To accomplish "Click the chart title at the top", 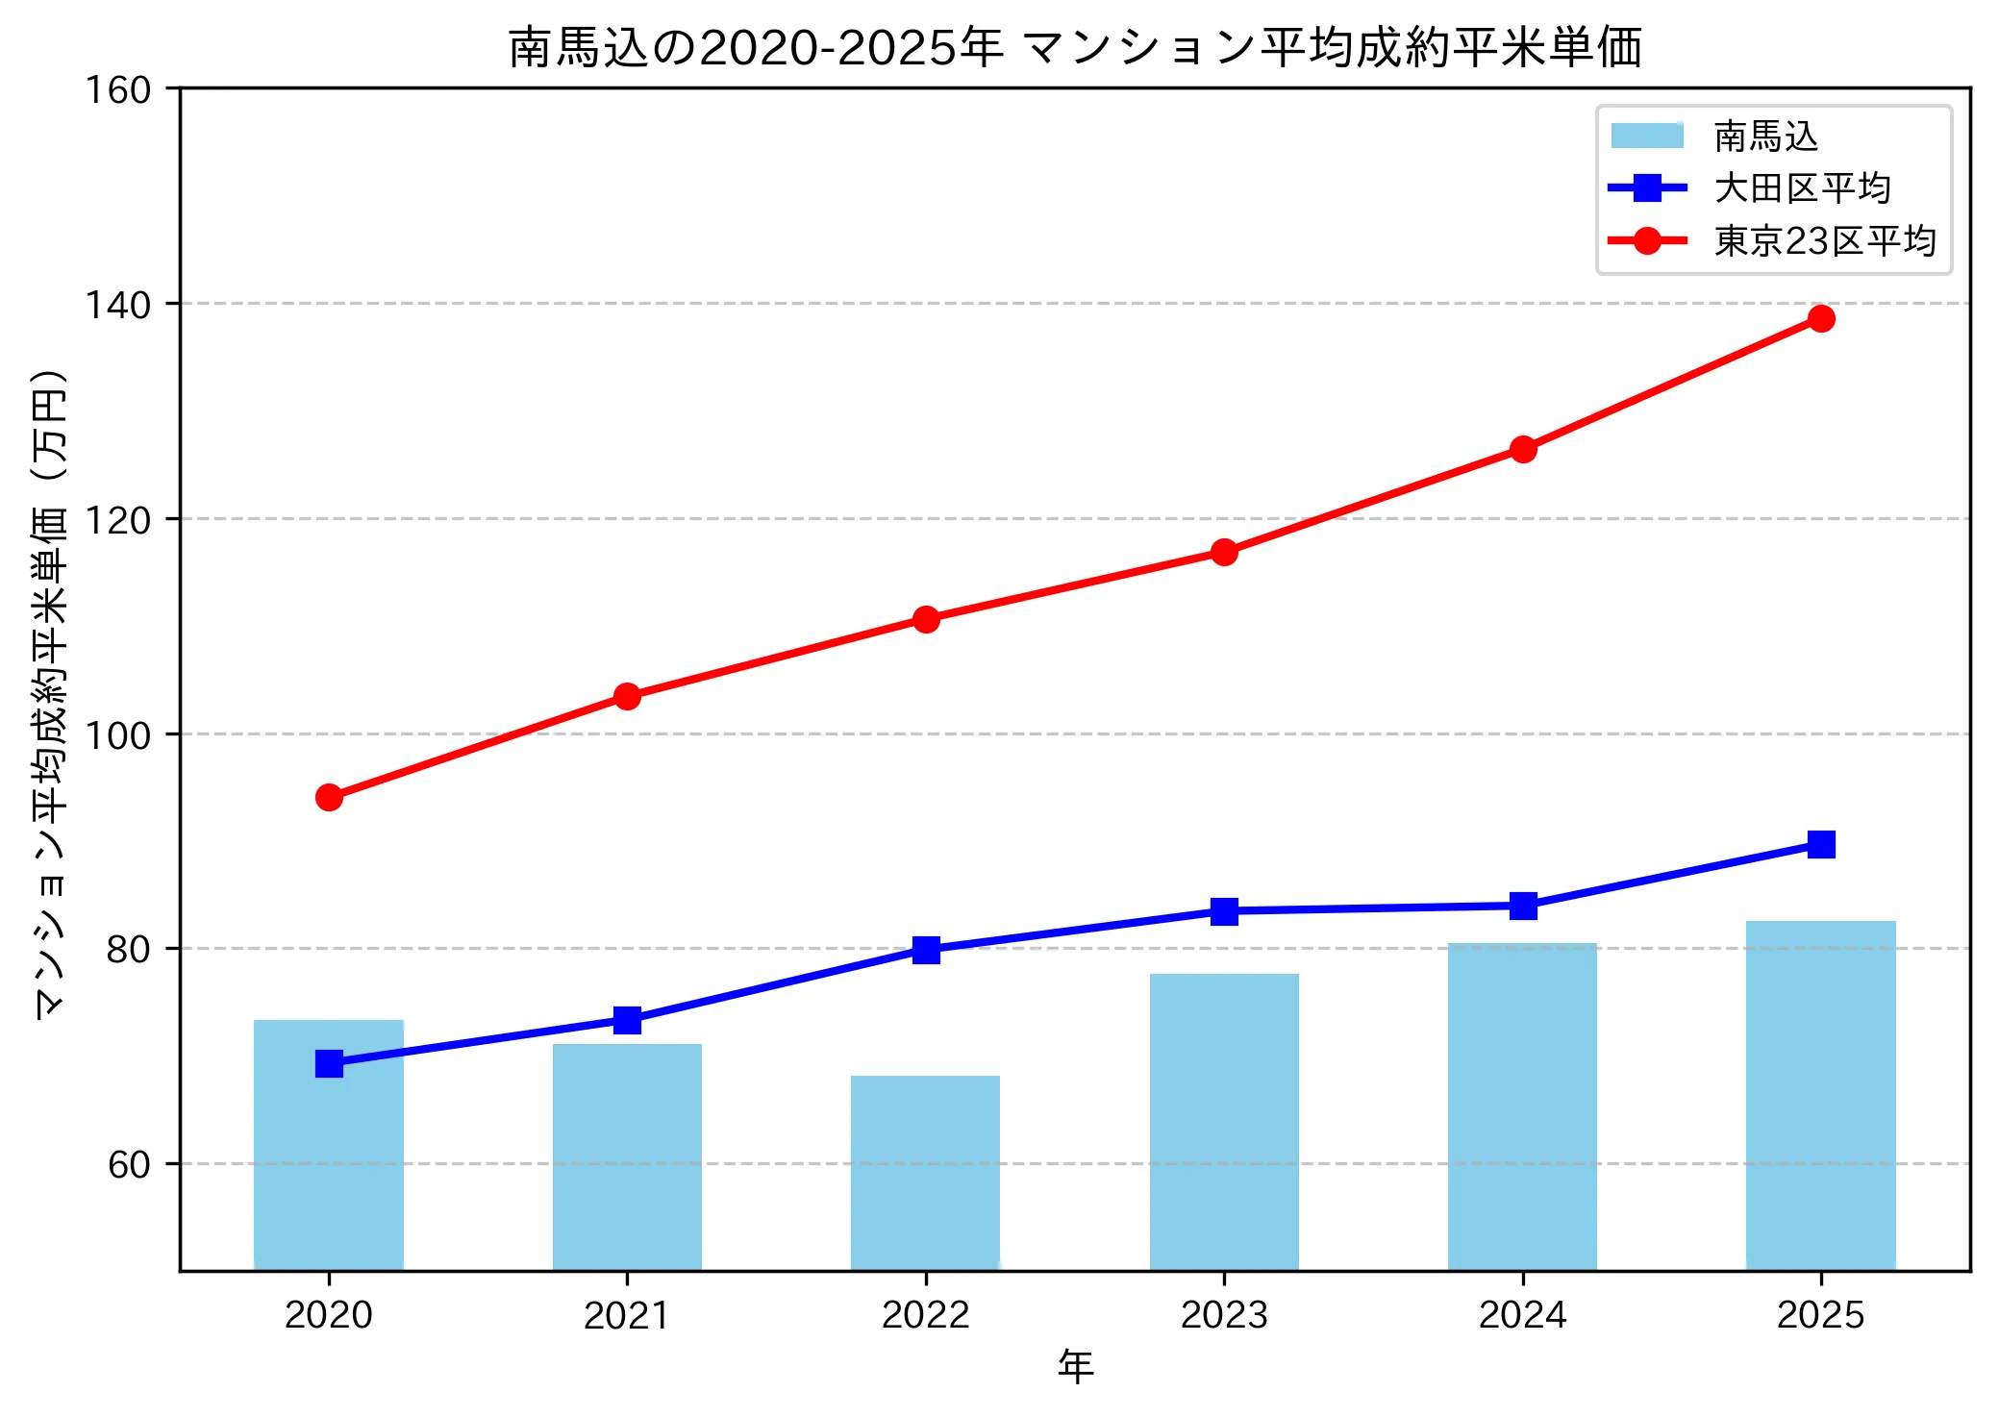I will [x=1075, y=48].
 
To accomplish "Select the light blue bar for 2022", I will [x=925, y=1173].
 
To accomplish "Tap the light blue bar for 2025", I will [x=1820, y=1096].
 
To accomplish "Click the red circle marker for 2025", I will [x=1821, y=318].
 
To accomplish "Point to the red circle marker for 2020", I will [x=329, y=797].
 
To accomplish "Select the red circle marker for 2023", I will [x=1224, y=552].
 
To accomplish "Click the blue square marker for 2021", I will [x=627, y=1020].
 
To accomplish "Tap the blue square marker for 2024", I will [x=1523, y=906].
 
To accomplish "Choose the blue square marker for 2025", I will [x=1821, y=844].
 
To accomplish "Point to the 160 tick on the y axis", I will [x=118, y=89].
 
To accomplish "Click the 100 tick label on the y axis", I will [x=118, y=735].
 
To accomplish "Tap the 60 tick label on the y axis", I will [x=129, y=1165].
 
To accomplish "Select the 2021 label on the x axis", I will [x=627, y=1315].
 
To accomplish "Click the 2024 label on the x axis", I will [x=1523, y=1315].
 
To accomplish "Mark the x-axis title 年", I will [x=1075, y=1366].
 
